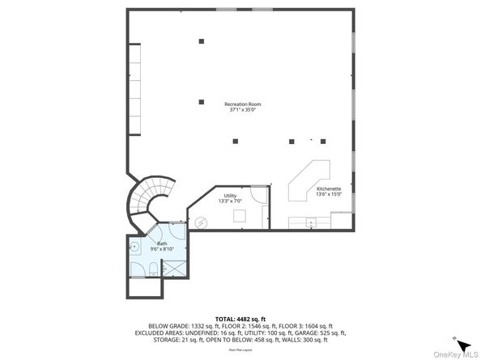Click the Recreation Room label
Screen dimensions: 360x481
pos(243,104)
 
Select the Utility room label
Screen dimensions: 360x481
pos(230,195)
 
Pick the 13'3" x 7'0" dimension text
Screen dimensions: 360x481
pos(230,201)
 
